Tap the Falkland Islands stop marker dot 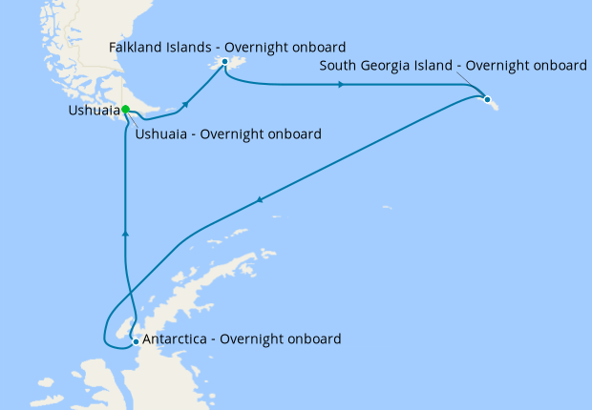click(224, 62)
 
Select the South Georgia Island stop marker click(487, 99)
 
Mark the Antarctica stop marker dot click(136, 340)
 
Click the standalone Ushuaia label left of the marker click(94, 111)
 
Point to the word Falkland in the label click(136, 46)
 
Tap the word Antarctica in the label click(175, 338)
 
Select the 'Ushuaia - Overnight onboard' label click(227, 133)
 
